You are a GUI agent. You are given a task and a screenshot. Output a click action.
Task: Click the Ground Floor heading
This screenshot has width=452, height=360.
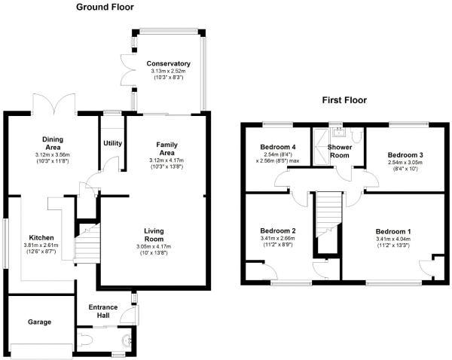coord(105,7)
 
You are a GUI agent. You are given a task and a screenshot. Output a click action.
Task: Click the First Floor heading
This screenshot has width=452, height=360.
coord(344,100)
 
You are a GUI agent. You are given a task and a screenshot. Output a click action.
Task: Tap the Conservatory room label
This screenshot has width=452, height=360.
coord(168,63)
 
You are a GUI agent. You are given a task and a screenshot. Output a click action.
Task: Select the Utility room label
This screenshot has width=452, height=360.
coord(112,143)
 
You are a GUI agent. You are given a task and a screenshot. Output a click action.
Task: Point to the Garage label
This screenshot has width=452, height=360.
coord(39,322)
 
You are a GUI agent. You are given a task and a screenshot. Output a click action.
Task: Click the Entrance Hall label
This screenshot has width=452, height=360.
coord(103,311)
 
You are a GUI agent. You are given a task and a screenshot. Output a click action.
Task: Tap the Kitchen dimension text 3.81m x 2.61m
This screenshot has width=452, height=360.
coord(41,246)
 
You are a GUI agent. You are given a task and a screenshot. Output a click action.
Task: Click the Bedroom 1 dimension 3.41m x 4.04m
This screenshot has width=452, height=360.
coord(393,239)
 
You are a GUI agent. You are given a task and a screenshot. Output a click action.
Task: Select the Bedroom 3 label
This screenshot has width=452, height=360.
coord(405,155)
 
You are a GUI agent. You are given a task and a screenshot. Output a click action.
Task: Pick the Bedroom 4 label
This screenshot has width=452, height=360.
coord(277,147)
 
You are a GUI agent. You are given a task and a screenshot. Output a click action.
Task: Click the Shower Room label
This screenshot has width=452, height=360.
coord(340,151)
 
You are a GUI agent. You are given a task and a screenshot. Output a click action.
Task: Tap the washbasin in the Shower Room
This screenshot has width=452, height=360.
coord(337,133)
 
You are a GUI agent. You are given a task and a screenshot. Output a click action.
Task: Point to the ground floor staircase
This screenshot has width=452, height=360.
coord(87,243)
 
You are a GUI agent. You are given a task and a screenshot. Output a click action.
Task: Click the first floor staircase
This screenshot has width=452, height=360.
coord(329,214)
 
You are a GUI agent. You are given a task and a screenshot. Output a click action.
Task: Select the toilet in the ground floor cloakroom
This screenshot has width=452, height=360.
coord(85,339)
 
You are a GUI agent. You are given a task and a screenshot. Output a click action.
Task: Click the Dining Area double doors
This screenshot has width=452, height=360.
coord(54,105)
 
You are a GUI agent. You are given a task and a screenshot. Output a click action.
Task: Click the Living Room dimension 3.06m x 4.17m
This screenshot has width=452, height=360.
coord(154,246)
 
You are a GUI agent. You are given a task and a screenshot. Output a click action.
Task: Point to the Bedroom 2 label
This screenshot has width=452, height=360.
coord(277,231)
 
